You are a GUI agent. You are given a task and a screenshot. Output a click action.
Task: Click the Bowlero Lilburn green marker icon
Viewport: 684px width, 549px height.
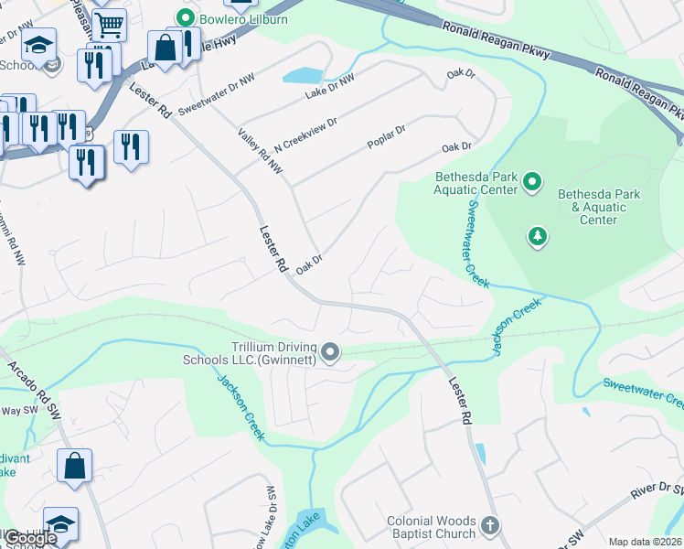(187, 17)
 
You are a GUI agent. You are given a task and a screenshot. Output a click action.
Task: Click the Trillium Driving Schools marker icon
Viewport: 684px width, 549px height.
(331, 351)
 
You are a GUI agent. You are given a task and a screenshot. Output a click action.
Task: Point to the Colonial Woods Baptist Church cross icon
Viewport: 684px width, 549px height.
(490, 526)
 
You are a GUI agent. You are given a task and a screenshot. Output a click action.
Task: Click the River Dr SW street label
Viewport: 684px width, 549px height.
(657, 493)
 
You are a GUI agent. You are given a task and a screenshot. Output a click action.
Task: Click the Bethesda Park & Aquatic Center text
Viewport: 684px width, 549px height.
(600, 208)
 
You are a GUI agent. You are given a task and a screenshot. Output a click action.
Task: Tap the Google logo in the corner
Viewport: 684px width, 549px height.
(31, 538)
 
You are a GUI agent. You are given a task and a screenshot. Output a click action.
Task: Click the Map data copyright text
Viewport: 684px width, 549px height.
(645, 542)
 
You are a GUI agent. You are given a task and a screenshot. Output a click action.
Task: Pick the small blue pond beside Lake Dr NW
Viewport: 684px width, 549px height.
(304, 75)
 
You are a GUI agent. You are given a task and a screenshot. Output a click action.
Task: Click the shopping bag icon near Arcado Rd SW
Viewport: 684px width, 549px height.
(74, 464)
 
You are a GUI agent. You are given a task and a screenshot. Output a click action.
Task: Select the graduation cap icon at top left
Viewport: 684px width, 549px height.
(38, 44)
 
